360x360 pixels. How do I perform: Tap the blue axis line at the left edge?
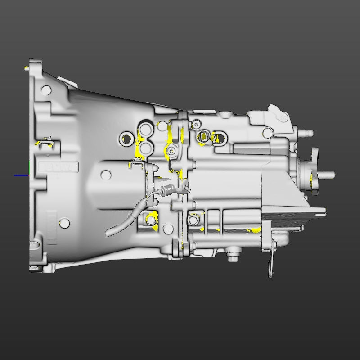(21, 175)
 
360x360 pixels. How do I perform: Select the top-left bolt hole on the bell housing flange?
(45, 89)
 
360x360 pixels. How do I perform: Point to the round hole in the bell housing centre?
(106, 174)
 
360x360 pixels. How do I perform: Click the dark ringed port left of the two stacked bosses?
(126, 138)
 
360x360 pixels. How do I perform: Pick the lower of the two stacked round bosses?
(145, 147)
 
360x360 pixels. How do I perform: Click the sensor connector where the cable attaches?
(168, 190)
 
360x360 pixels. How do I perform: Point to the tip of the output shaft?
(332, 174)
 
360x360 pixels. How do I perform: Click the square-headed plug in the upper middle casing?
(204, 135)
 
